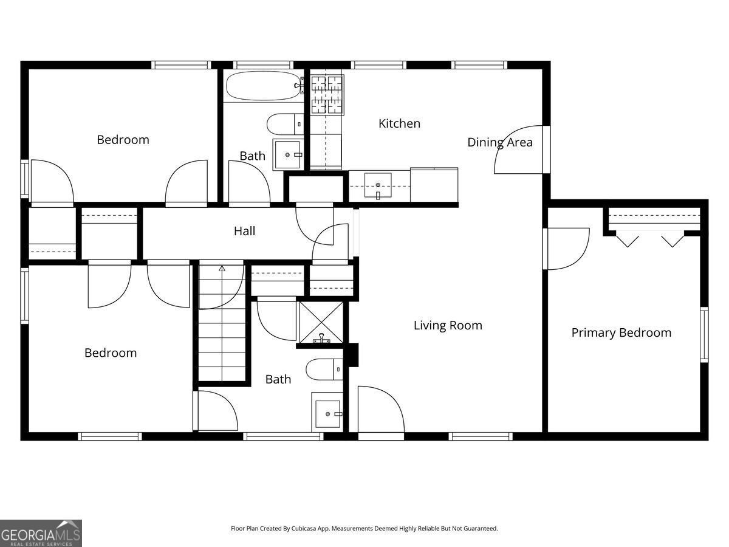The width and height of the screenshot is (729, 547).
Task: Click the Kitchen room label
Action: pyautogui.click(x=399, y=123)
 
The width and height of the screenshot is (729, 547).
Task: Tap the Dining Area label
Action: pyautogui.click(x=499, y=142)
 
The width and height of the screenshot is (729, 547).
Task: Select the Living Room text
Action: pyautogui.click(x=448, y=325)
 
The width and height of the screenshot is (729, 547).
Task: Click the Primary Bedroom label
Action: pyautogui.click(x=621, y=332)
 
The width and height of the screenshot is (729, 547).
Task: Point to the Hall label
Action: pyautogui.click(x=244, y=231)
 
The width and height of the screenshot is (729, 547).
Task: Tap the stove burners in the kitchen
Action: pyautogui.click(x=327, y=95)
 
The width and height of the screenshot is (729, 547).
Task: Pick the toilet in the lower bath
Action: pyautogui.click(x=324, y=369)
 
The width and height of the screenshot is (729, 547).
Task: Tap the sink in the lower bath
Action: pyautogui.click(x=327, y=413)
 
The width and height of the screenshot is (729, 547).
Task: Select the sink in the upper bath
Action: pyautogui.click(x=287, y=154)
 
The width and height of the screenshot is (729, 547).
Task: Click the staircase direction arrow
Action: pyautogui.click(x=222, y=267)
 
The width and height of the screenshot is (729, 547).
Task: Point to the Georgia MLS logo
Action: pyautogui.click(x=41, y=533)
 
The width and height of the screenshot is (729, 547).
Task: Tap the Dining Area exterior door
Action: pyautogui.click(x=519, y=149)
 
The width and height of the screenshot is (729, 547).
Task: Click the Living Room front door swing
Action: pyautogui.click(x=381, y=410)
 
